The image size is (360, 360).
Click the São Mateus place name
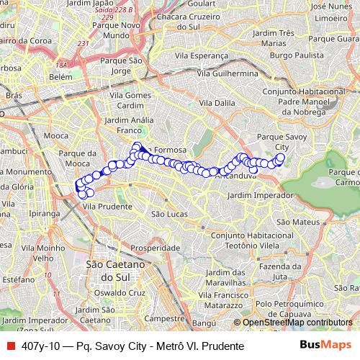point(292,221)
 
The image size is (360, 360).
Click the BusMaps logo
point(331,346)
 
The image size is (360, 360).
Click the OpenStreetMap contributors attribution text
point(297,323)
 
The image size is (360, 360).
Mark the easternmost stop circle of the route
point(281,158)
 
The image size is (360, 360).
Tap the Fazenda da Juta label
point(279,271)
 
